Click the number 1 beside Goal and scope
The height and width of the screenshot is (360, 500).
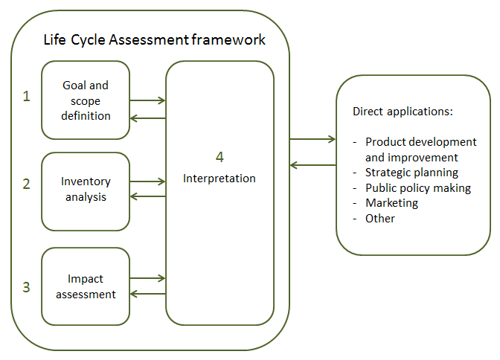27,96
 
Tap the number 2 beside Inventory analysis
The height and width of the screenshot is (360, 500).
27,184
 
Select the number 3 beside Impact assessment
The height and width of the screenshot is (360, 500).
27,287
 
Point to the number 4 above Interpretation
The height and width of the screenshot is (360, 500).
219,157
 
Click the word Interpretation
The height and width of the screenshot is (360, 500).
219,179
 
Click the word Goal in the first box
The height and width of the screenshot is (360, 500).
74,85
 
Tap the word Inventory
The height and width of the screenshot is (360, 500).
86,181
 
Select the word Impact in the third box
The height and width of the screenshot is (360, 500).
86,279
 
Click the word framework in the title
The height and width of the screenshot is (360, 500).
228,40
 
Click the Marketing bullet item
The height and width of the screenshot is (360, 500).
391,203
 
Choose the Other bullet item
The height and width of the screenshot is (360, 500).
380,219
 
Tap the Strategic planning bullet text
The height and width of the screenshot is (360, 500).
411,173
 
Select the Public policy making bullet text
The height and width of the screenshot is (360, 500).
418,188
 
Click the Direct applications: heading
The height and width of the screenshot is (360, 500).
403,112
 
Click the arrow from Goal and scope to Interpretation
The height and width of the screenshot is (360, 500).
147,100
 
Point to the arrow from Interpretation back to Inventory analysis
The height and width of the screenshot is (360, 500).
147,196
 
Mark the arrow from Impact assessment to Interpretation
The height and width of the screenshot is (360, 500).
147,278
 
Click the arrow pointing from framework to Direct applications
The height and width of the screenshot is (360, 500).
312,139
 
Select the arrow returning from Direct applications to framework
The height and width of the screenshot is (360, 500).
312,165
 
